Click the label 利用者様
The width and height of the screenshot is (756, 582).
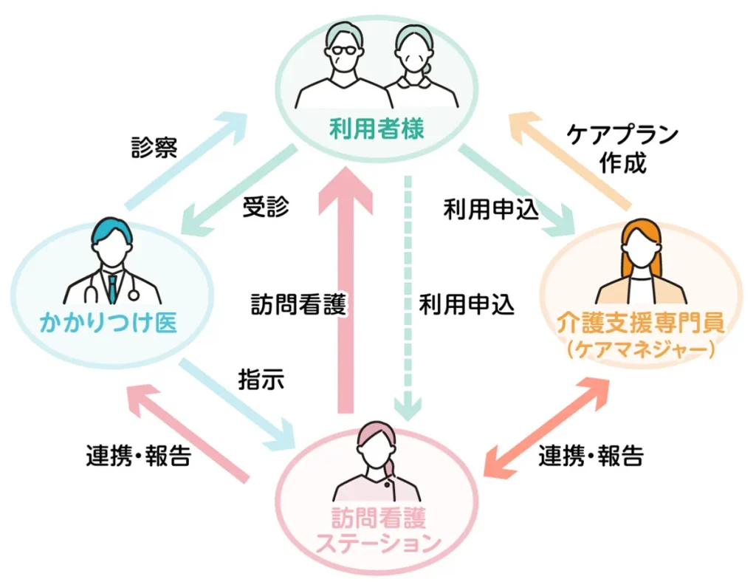pyautogui.click(x=377, y=131)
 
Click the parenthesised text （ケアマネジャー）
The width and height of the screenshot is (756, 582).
pyautogui.click(x=641, y=349)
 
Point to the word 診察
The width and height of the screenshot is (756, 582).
pyautogui.click(x=152, y=148)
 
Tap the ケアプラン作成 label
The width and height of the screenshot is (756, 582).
pyautogui.click(x=622, y=148)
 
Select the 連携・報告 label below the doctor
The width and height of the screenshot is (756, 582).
pyautogui.click(x=139, y=456)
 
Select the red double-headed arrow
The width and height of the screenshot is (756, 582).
pyautogui.click(x=548, y=426)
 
